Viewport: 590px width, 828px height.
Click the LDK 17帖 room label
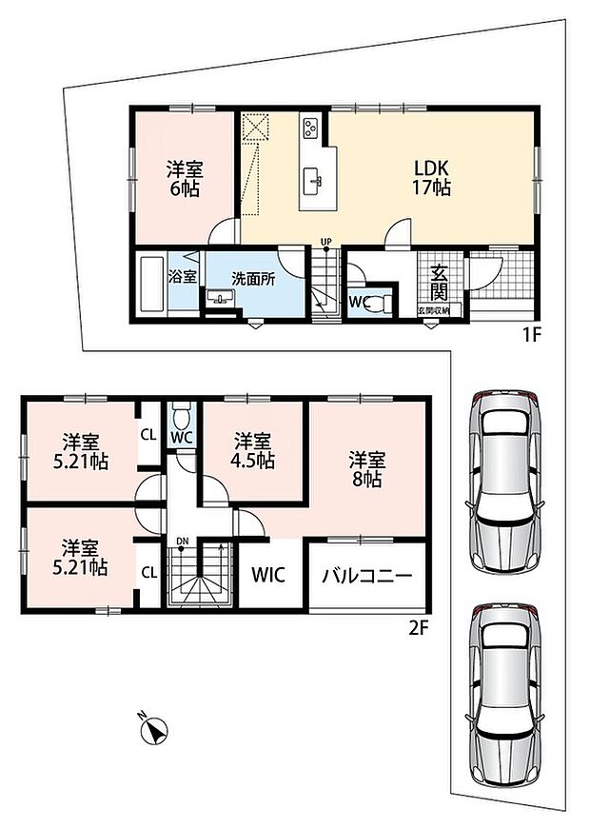click(431, 178)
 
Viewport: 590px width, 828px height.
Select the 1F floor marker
click(532, 336)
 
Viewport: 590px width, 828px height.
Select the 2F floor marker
click(419, 629)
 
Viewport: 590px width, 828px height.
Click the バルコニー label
click(367, 575)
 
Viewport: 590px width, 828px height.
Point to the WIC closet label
click(268, 575)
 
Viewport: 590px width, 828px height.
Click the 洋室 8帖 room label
click(366, 469)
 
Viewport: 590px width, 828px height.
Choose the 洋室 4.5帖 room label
click(252, 450)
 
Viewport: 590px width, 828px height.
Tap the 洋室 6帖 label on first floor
click(185, 179)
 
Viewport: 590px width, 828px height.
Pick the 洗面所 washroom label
click(253, 279)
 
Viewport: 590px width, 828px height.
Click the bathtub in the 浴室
click(152, 285)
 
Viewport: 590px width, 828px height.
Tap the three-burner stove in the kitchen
click(310, 127)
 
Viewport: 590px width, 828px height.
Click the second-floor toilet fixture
click(182, 415)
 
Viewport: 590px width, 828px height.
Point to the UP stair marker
click(326, 242)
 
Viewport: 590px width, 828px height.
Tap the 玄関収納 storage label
click(434, 311)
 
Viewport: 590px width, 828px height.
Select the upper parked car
click(504, 481)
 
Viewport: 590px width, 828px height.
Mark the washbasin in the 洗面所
click(219, 298)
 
